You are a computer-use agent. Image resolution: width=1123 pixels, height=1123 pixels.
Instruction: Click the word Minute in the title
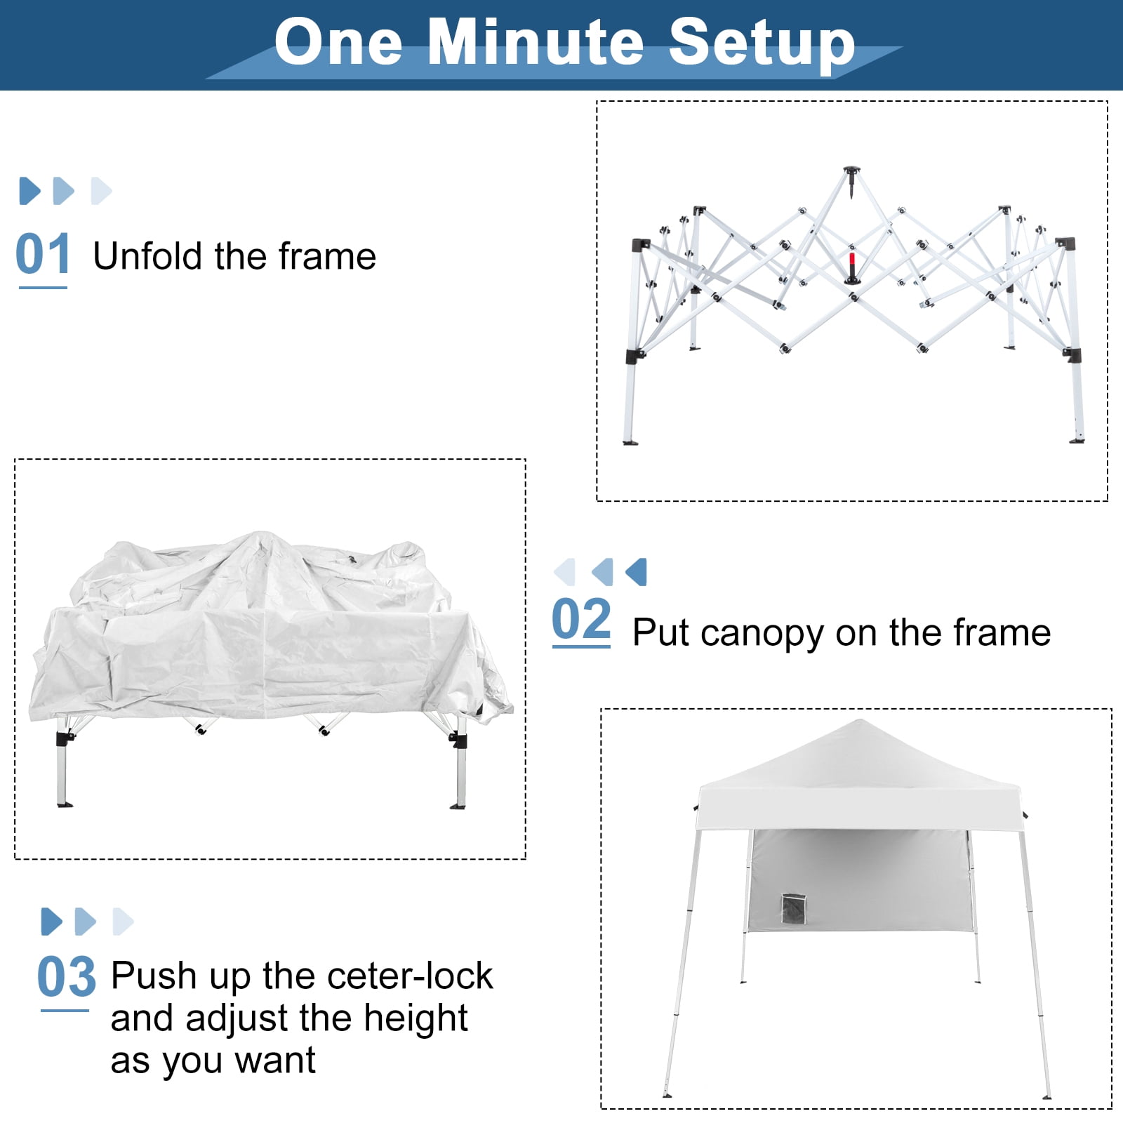point(536,42)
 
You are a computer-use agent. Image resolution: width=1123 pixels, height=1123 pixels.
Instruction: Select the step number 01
point(43,254)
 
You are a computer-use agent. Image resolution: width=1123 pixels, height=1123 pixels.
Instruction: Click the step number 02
point(581,619)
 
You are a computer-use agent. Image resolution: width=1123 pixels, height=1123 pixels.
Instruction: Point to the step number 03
point(66,976)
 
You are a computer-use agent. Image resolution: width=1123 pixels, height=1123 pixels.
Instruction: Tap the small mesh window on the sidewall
point(792,909)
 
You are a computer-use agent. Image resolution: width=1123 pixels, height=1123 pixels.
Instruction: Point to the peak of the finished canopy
point(855,721)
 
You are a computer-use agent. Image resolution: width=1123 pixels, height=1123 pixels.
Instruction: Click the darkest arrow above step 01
point(29,191)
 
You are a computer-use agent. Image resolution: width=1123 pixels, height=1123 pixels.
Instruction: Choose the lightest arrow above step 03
point(123,922)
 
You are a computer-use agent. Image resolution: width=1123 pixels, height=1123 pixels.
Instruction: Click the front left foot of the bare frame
point(630,442)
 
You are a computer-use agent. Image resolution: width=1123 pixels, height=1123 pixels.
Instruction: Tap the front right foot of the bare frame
point(1077,440)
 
